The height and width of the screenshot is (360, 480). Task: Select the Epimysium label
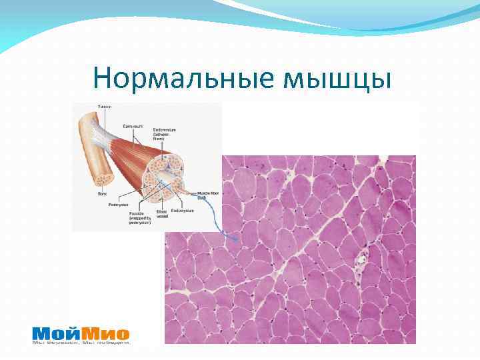coord(132,125)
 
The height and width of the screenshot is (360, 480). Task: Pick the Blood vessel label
coord(161,213)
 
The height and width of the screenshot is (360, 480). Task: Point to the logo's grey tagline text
coord(81,343)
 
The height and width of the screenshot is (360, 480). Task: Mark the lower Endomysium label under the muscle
coord(182,211)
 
